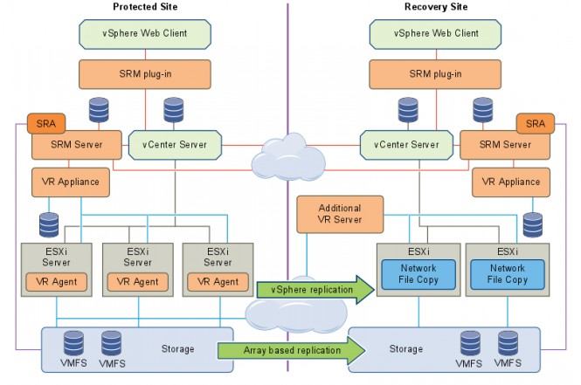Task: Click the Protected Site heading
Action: [x=145, y=7]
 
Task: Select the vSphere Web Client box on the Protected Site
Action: [x=145, y=34]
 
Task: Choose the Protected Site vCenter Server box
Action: [x=175, y=145]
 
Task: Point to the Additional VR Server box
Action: [x=339, y=213]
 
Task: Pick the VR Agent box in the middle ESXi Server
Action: [x=138, y=281]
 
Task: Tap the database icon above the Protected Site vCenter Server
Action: [x=171, y=109]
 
